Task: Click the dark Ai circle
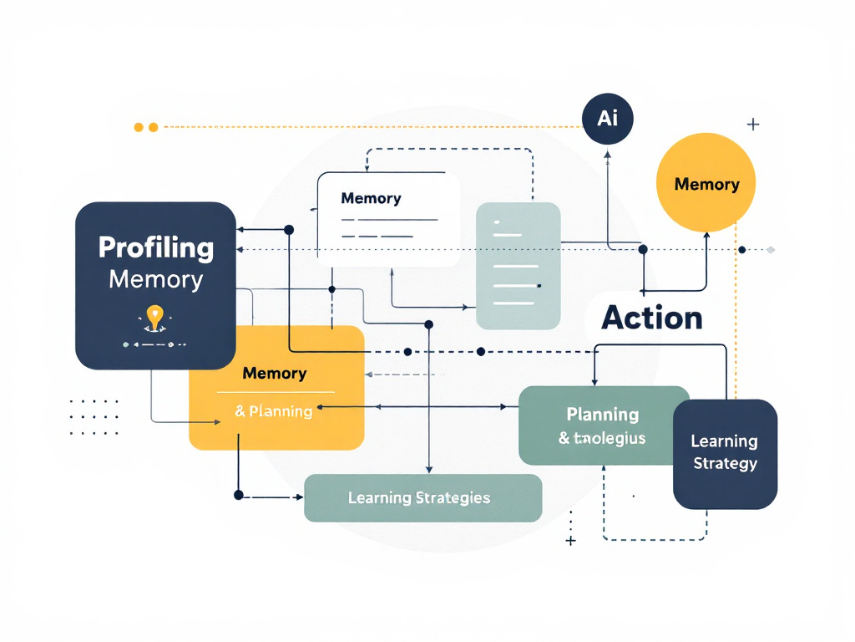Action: [607, 118]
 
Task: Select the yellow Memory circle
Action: [706, 184]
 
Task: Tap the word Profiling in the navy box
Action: [155, 247]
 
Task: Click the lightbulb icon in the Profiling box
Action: [154, 317]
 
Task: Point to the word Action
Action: [652, 318]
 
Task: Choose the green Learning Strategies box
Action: [422, 498]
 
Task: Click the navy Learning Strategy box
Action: [725, 453]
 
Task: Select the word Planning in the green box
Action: [602, 414]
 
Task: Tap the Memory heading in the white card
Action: [371, 199]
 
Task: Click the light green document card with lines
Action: [518, 266]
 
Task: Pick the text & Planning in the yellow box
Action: [274, 411]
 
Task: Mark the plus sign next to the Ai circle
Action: [753, 125]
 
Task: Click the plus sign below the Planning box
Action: [571, 542]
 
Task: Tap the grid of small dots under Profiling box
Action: [94, 417]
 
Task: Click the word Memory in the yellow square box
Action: [274, 374]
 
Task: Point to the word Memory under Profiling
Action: [155, 279]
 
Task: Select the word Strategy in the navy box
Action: [725, 463]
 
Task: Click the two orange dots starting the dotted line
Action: [145, 127]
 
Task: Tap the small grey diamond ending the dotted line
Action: [771, 249]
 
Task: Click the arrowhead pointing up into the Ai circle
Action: [608, 153]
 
